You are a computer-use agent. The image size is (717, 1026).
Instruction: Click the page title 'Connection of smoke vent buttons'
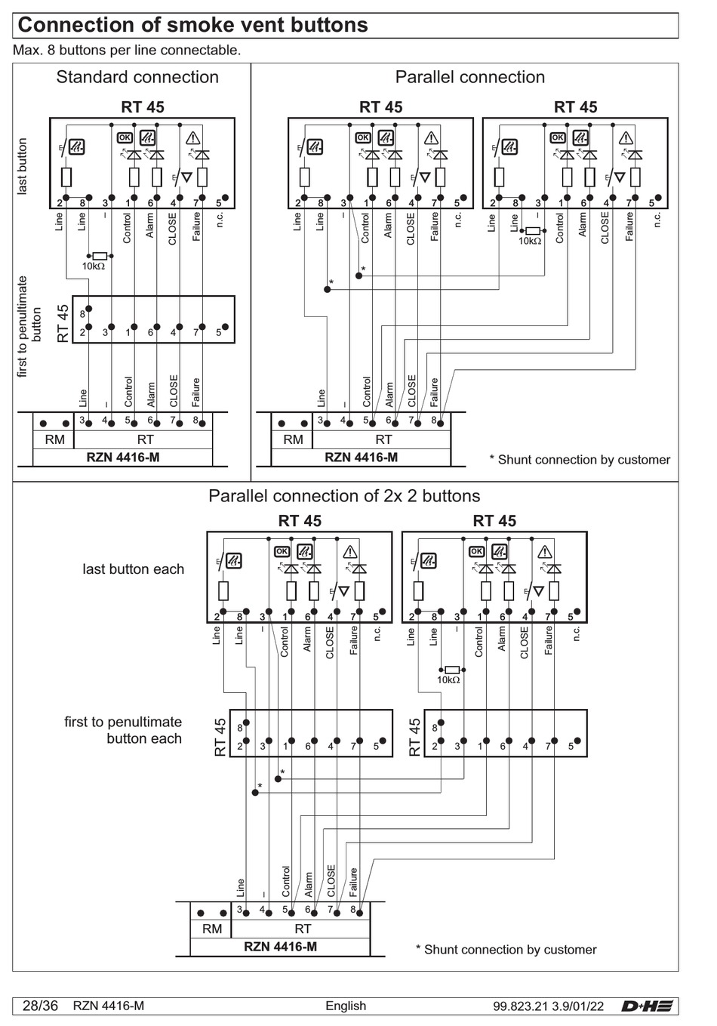tap(192, 25)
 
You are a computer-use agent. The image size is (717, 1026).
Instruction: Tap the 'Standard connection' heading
tap(137, 77)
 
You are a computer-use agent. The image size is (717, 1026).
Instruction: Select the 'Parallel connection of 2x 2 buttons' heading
tap(344, 495)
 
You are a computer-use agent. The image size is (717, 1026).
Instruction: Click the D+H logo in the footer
tap(647, 1006)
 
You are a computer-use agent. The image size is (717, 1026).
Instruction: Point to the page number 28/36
tap(40, 1006)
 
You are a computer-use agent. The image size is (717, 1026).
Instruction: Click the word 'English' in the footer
tap(346, 1006)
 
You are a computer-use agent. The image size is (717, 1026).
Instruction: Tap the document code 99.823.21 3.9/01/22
tap(548, 1006)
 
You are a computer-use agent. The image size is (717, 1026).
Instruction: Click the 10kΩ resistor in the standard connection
tap(100, 256)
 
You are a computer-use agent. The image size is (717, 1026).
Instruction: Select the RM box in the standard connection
tap(54, 439)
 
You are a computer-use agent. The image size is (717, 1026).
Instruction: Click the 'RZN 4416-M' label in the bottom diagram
tap(280, 946)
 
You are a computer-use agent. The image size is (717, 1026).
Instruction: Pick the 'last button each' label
tap(134, 569)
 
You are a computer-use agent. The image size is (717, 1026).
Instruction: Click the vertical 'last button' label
tap(22, 166)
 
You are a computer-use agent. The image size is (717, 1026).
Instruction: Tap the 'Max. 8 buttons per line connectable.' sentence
tap(127, 50)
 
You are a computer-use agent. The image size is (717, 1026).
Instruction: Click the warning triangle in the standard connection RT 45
tap(192, 137)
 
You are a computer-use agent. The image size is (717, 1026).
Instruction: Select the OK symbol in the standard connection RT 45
tap(125, 137)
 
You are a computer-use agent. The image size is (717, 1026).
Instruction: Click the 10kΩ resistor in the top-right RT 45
tap(533, 231)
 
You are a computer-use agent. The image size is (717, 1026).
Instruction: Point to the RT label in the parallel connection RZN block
tap(383, 439)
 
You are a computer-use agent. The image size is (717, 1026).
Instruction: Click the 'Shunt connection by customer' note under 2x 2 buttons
tap(506, 950)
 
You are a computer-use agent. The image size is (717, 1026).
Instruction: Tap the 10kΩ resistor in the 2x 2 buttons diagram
tap(452, 670)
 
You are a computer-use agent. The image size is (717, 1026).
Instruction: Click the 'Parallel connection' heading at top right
tap(470, 77)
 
